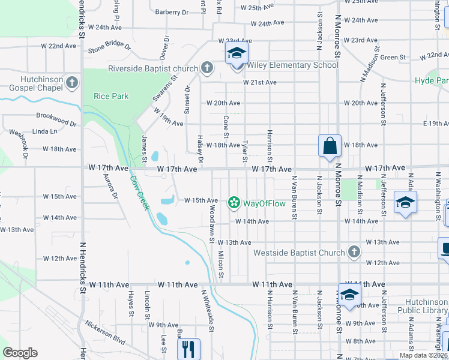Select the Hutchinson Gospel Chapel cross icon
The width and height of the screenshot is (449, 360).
pyautogui.click(x=72, y=82)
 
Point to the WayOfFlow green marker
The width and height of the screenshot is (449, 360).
pyautogui.click(x=234, y=203)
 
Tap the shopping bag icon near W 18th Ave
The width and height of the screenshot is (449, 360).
pyautogui.click(x=330, y=146)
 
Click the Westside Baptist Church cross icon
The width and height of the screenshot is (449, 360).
pyautogui.click(x=354, y=252)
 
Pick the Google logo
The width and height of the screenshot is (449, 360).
pyautogui.click(x=20, y=353)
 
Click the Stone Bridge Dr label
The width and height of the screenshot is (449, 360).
pyautogui.click(x=109, y=47)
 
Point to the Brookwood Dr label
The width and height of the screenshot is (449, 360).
pyautogui.click(x=56, y=119)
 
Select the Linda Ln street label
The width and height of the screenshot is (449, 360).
pyautogui.click(x=45, y=131)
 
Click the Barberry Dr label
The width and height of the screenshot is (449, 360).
pyautogui.click(x=172, y=12)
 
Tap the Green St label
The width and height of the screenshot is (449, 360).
pyautogui.click(x=394, y=58)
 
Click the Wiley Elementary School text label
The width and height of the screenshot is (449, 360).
pyautogui.click(x=291, y=65)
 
